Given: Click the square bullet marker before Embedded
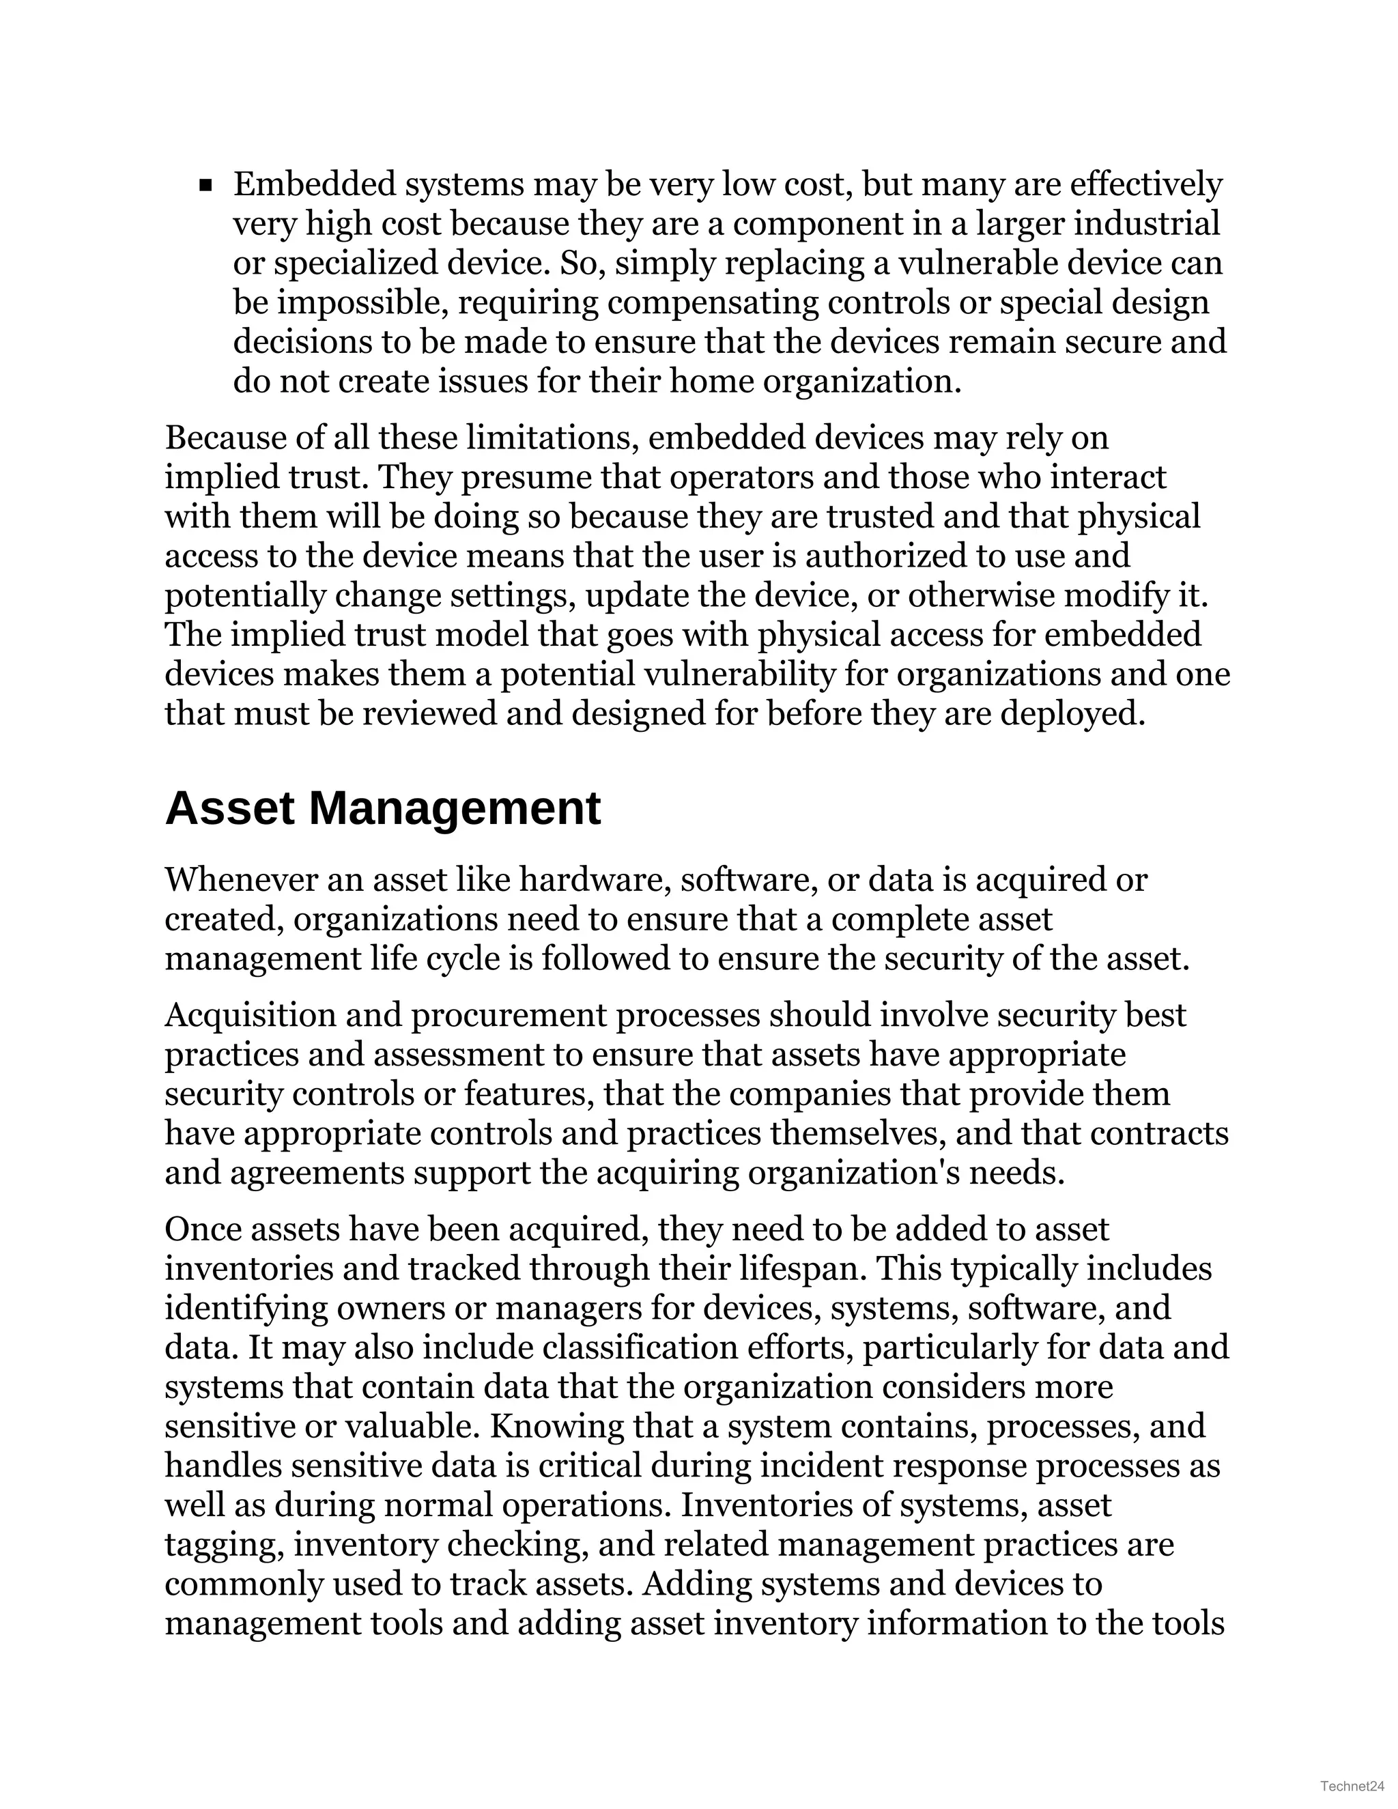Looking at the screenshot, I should point(206,186).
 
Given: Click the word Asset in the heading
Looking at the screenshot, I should point(229,809).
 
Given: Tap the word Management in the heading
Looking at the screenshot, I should point(454,809).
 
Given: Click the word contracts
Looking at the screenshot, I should point(1158,1134).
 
